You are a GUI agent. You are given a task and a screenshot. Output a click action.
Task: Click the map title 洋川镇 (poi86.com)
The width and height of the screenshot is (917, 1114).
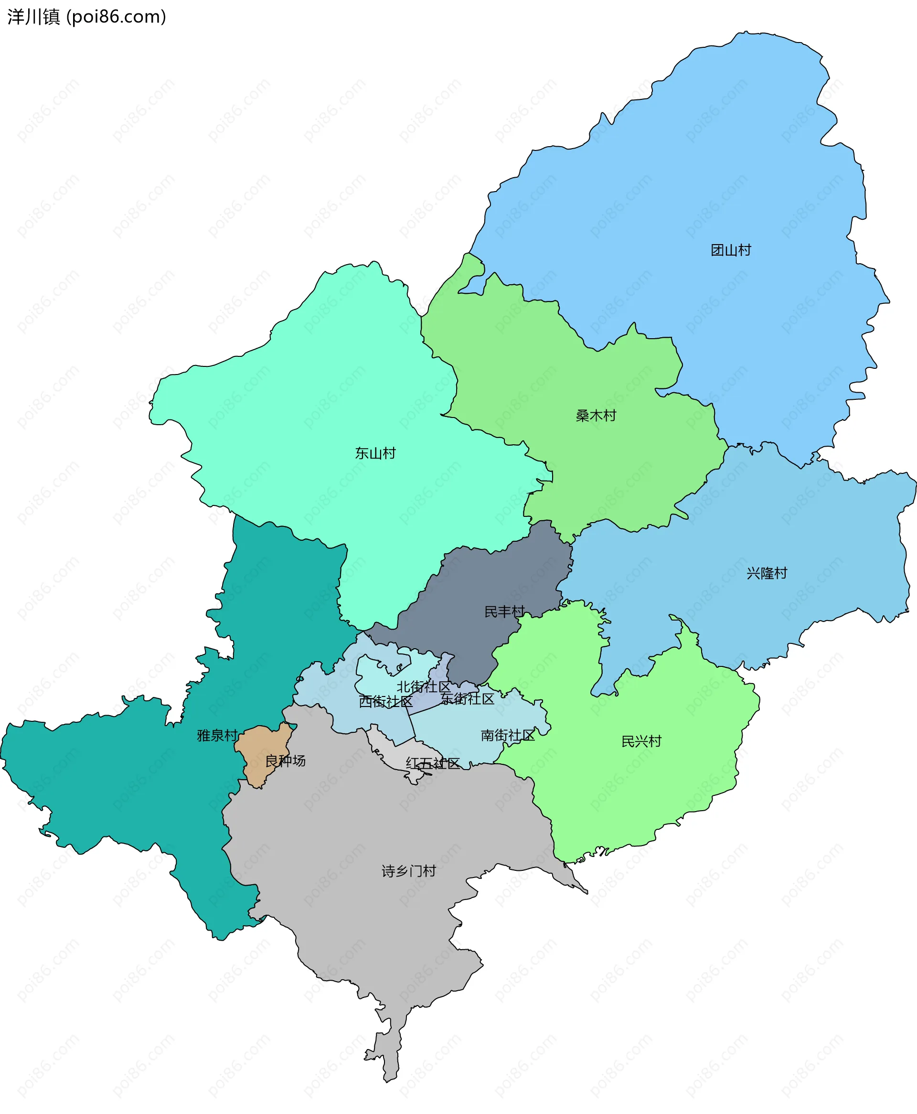(x=86, y=17)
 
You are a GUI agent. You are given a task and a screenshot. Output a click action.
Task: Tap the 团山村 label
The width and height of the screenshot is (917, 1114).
(x=731, y=250)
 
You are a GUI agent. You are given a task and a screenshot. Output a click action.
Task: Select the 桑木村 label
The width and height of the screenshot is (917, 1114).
(x=596, y=416)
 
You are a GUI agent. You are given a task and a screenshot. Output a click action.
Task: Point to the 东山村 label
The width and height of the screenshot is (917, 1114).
(x=375, y=453)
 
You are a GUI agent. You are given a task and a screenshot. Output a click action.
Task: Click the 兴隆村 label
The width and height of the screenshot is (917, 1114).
(x=767, y=573)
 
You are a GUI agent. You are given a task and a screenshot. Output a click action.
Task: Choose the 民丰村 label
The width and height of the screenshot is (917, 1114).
(x=504, y=611)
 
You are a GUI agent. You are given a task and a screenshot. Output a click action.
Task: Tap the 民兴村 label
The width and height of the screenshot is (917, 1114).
(x=641, y=741)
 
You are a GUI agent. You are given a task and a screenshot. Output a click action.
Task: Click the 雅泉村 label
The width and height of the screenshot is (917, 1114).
(x=217, y=735)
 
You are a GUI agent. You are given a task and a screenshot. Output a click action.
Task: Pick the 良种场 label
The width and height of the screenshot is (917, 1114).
(x=285, y=761)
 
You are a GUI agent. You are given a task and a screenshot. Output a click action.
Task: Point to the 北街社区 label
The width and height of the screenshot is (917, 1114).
(x=424, y=686)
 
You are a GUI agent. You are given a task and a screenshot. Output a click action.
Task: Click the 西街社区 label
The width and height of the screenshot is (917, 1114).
(x=385, y=701)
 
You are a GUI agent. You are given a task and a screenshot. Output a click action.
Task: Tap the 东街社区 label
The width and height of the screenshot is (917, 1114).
(x=468, y=699)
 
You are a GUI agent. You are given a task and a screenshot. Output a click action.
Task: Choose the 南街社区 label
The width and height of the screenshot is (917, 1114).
(x=508, y=735)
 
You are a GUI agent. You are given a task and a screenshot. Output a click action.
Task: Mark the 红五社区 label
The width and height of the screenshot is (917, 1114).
(x=433, y=763)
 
